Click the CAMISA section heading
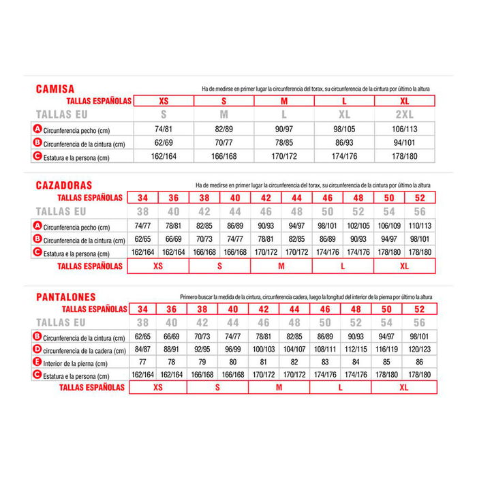pyautogui.click(x=55, y=89)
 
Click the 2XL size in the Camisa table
pyautogui.click(x=403, y=114)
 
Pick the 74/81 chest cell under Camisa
pyautogui.click(x=164, y=129)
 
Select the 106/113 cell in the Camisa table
pyautogui.click(x=403, y=129)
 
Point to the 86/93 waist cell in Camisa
pyautogui.click(x=343, y=144)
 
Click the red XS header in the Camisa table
pyautogui.click(x=164, y=101)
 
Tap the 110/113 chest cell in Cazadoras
pyautogui.click(x=418, y=226)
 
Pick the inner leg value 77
pyautogui.click(x=142, y=363)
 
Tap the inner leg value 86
pyautogui.click(x=418, y=363)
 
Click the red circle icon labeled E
pyautogui.click(x=37, y=363)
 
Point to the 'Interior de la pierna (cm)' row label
pyautogui.click(x=75, y=363)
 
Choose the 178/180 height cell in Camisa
pyautogui.click(x=403, y=157)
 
